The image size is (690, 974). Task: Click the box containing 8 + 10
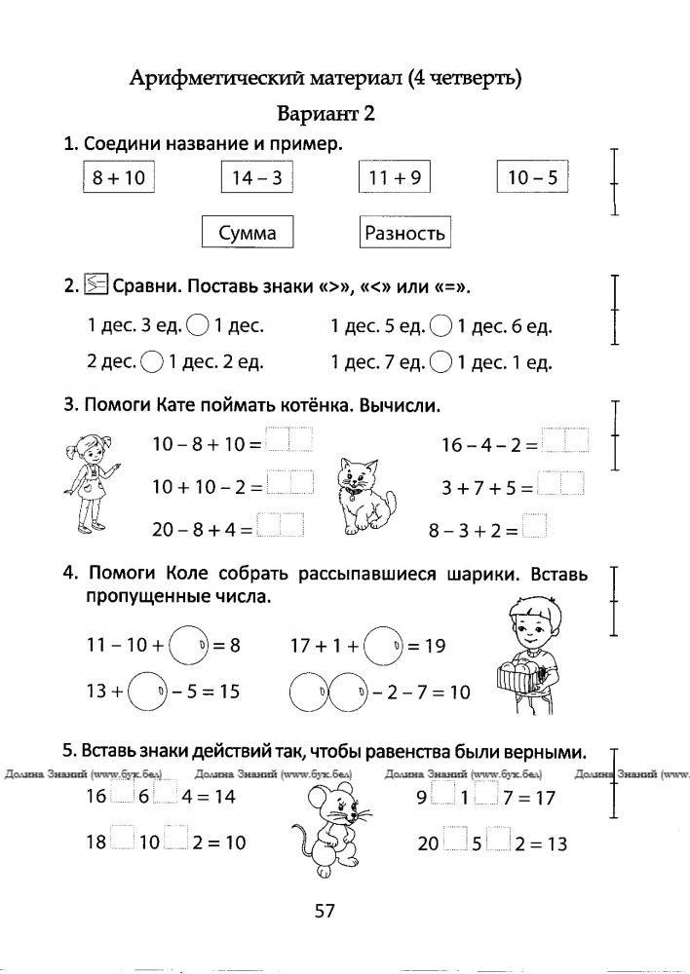(118, 178)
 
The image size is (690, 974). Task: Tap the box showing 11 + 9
(394, 178)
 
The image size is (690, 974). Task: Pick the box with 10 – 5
(532, 178)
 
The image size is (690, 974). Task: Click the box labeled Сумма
(247, 233)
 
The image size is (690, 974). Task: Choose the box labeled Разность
(404, 233)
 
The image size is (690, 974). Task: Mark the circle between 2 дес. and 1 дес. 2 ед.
(152, 362)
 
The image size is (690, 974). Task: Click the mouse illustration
(331, 815)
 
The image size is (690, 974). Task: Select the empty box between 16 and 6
(120, 795)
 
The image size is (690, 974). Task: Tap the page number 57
(325, 912)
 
